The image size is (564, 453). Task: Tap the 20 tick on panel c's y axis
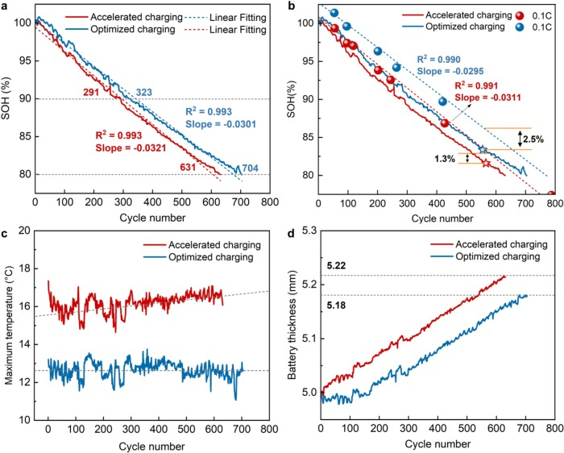pyautogui.click(x=24, y=231)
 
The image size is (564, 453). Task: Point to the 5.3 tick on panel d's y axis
pyautogui.click(x=307, y=231)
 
